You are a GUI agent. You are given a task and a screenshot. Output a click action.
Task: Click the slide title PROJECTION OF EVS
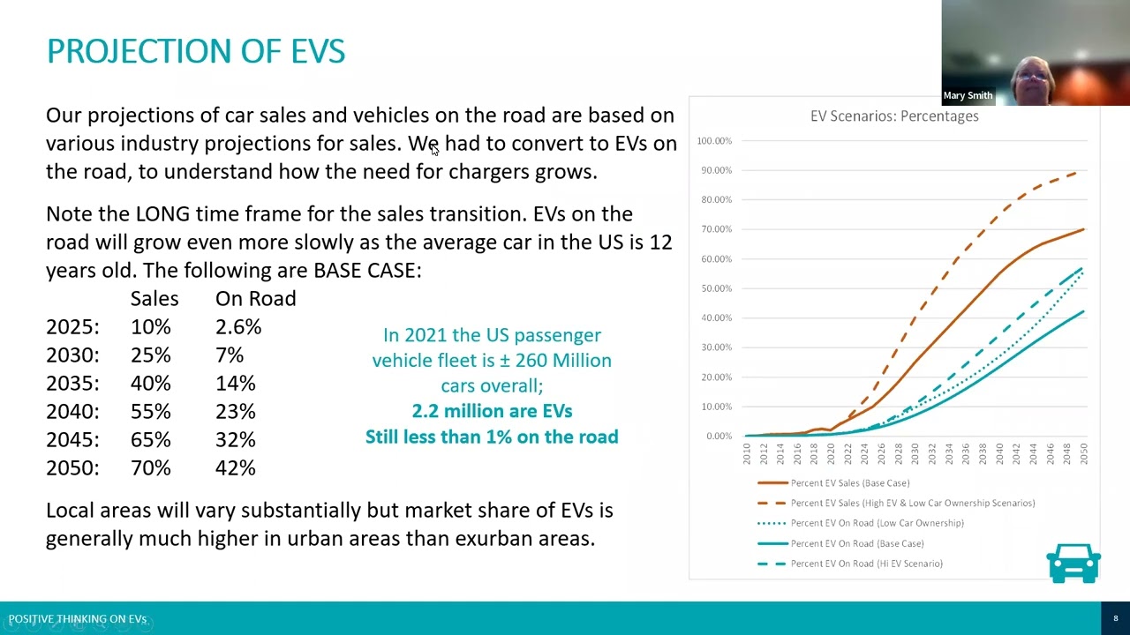[195, 51]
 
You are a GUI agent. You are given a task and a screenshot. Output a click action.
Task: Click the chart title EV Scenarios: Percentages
[893, 116]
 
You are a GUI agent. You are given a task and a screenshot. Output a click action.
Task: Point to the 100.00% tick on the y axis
[713, 141]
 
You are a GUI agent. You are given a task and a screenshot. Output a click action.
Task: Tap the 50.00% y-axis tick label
[714, 288]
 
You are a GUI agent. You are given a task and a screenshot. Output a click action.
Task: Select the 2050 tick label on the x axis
[1083, 453]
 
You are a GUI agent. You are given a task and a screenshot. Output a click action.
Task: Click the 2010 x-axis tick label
[746, 453]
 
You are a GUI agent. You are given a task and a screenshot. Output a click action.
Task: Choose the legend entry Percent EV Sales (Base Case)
[849, 483]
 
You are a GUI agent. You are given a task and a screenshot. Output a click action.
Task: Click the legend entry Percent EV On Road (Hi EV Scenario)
[866, 564]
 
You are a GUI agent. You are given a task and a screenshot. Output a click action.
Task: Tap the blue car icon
[1073, 563]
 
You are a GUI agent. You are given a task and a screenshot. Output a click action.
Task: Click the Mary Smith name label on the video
[968, 95]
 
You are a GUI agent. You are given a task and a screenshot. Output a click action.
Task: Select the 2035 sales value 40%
[151, 384]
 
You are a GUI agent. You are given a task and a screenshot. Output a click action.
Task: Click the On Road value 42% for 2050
[235, 468]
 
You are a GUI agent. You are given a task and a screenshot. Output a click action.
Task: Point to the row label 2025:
[72, 327]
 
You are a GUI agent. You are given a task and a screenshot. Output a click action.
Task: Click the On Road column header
[255, 299]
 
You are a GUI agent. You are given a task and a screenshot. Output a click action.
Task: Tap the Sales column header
[154, 299]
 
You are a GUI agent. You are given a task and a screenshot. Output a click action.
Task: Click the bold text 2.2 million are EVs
[492, 411]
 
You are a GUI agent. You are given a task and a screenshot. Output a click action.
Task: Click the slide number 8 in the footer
[1115, 618]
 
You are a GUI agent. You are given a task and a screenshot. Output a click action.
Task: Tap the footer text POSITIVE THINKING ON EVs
[78, 619]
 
